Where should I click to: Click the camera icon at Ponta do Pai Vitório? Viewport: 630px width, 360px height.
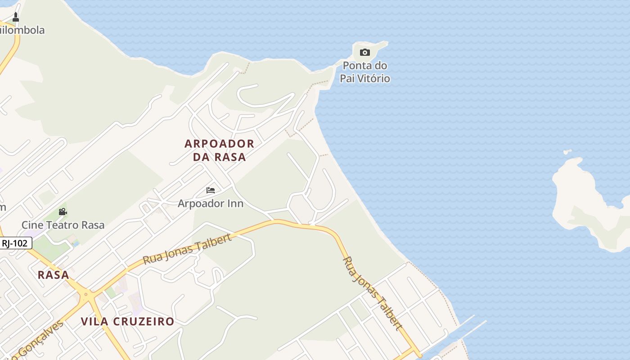tap(365, 53)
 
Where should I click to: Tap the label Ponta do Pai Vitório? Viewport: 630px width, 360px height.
tap(365, 72)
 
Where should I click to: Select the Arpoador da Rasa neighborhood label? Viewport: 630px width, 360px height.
tap(219, 150)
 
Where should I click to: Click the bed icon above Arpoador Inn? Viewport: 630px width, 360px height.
tap(211, 190)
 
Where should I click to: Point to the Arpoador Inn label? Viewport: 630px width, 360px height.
tap(211, 203)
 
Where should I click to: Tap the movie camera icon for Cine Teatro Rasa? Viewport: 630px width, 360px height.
tap(63, 211)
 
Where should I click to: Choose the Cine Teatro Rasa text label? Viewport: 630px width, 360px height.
tap(63, 225)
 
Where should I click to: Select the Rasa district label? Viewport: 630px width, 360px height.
tap(54, 275)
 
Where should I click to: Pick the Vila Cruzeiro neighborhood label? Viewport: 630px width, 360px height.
tap(127, 321)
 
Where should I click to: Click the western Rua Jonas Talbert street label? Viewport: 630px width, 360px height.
tap(187, 249)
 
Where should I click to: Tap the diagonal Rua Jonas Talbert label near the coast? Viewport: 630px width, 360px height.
tap(372, 293)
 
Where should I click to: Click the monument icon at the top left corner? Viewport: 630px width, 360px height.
tap(16, 17)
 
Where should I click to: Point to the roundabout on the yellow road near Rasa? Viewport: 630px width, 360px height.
tap(85, 296)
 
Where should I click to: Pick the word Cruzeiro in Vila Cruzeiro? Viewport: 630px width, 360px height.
tap(144, 321)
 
